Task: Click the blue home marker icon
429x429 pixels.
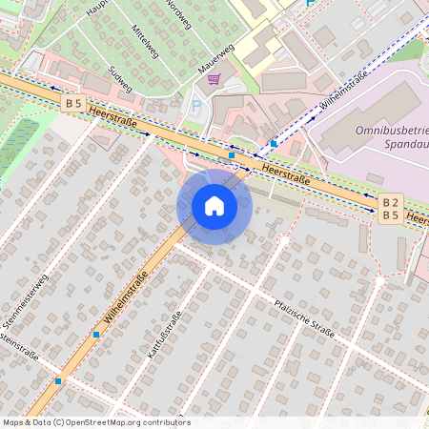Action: (214, 206)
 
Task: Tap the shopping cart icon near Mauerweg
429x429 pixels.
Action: (214, 79)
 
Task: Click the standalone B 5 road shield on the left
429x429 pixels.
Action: (74, 102)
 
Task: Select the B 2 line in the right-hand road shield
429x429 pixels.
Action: (390, 202)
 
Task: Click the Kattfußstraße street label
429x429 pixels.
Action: (164, 333)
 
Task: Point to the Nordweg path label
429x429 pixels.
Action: (178, 14)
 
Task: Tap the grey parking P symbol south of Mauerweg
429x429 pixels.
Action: (196, 106)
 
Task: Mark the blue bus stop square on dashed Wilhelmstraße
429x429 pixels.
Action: (274, 143)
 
